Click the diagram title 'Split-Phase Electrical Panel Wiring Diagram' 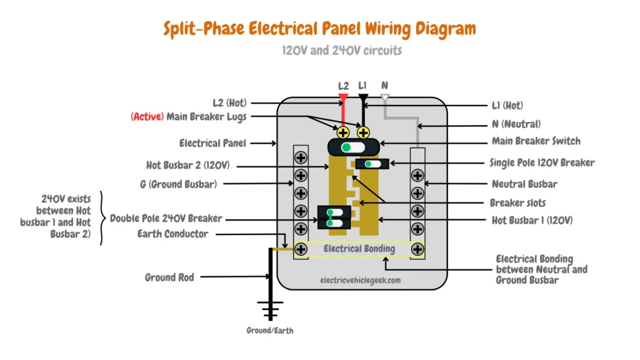point(319,29)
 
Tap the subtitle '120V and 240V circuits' point(342,50)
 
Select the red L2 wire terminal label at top point(343,86)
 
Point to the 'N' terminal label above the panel point(384,86)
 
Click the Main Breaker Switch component point(352,147)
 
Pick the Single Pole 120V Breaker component point(372,164)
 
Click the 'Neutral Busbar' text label point(524,184)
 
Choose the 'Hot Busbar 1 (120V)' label point(532,220)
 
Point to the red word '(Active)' point(147,117)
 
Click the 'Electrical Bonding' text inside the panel point(359,249)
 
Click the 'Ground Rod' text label point(169,276)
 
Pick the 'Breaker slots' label point(518,202)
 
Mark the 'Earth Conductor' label point(172,234)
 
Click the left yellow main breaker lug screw point(343,132)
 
